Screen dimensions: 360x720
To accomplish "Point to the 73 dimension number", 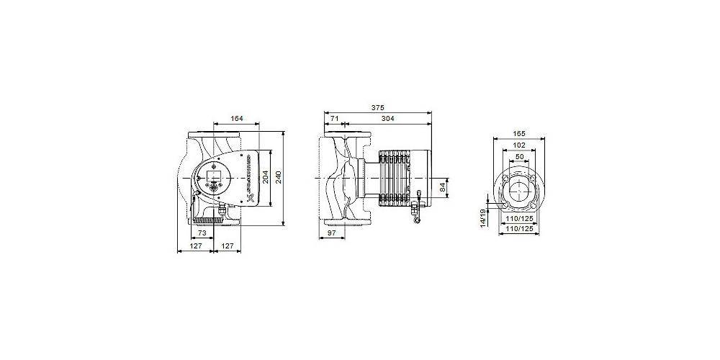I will [202, 234].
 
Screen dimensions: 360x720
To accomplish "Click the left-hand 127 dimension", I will [196, 246].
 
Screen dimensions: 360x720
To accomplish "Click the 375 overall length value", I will [377, 107].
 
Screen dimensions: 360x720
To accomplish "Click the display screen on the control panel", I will [215, 175].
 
